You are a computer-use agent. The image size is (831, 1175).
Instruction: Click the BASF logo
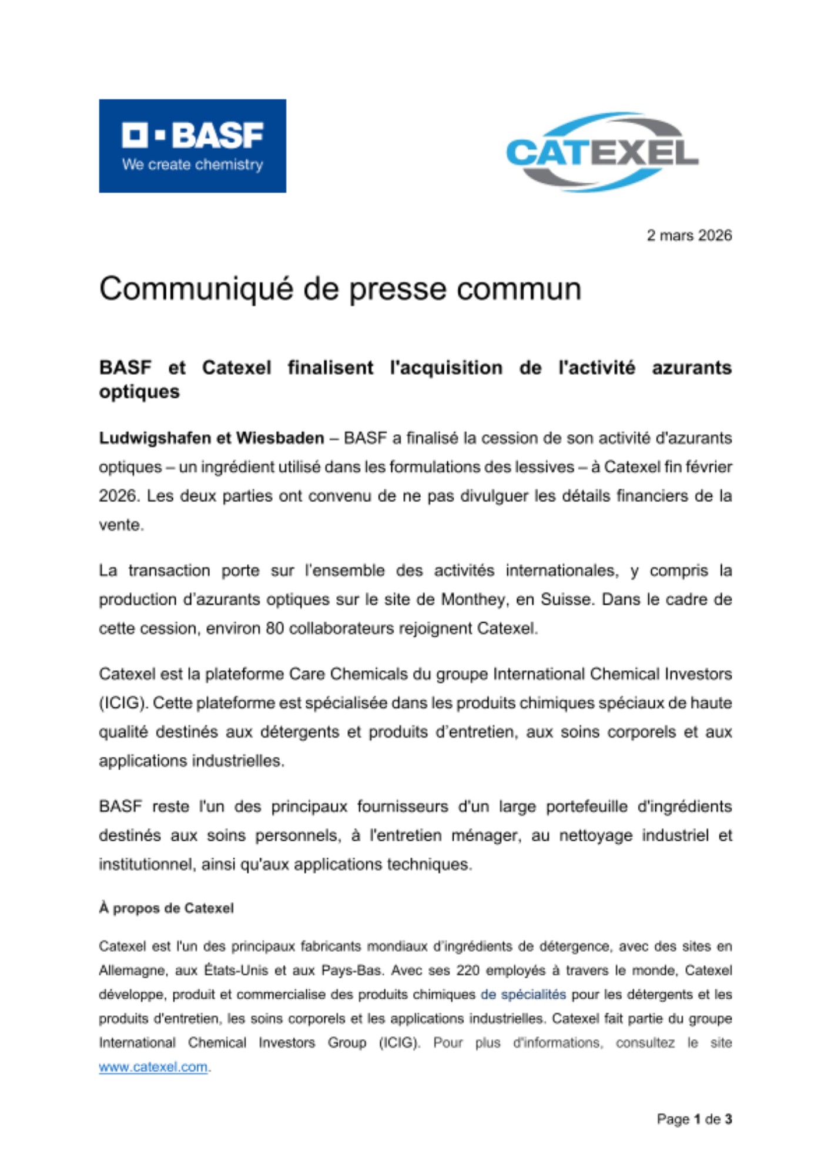pyautogui.click(x=192, y=145)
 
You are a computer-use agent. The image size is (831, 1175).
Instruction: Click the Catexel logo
pyautogui.click(x=602, y=152)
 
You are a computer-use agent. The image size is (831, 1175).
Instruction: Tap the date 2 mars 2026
pyautogui.click(x=689, y=236)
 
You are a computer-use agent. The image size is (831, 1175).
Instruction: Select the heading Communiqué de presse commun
pyautogui.click(x=340, y=289)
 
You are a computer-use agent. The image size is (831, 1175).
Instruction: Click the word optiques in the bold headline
pyautogui.click(x=139, y=392)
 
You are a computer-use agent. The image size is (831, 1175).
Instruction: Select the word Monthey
pyautogui.click(x=474, y=600)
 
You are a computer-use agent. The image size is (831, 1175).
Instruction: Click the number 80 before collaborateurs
pyautogui.click(x=274, y=629)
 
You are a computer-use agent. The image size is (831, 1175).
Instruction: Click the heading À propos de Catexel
pyautogui.click(x=166, y=908)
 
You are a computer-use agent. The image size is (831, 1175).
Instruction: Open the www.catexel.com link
pyautogui.click(x=153, y=1067)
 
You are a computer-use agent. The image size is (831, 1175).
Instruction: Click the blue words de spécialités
pyautogui.click(x=523, y=995)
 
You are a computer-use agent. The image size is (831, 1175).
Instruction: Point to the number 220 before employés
pyautogui.click(x=468, y=971)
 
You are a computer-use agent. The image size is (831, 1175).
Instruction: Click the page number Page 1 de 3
pyautogui.click(x=694, y=1119)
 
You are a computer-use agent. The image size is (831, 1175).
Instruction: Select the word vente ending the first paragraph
pyautogui.click(x=120, y=525)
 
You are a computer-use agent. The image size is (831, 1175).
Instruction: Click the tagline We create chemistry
pyautogui.click(x=192, y=164)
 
